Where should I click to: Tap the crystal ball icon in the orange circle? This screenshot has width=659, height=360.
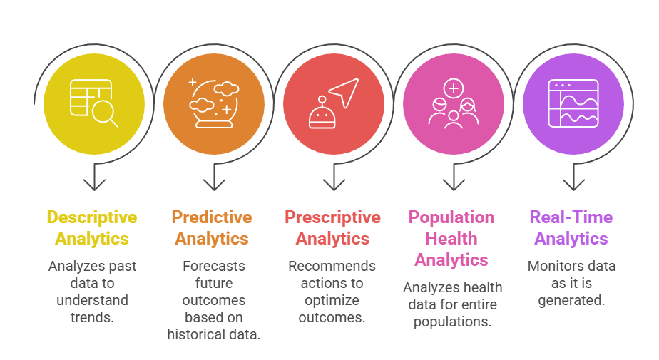[214, 104]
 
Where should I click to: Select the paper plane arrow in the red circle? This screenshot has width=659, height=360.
[344, 93]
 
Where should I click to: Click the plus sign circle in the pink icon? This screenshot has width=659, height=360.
[454, 88]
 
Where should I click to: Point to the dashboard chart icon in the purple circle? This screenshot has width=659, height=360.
[573, 103]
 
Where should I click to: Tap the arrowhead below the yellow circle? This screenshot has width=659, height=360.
[94, 185]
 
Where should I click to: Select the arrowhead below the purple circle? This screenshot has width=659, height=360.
[573, 185]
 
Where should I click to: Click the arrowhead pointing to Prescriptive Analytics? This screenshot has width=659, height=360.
[334, 185]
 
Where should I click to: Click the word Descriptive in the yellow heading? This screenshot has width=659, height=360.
[92, 217]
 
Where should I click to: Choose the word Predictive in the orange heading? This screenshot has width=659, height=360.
[212, 217]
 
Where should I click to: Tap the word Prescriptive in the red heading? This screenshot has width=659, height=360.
[332, 217]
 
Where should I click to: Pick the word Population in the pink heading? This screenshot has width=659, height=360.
[451, 217]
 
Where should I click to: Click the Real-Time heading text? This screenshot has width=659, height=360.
[571, 217]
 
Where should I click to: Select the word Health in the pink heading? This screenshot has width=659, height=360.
[451, 239]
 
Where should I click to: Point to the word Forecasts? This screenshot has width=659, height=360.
[214, 266]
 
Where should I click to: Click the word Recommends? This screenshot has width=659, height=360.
[332, 266]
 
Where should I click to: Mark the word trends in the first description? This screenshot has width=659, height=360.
[92, 317]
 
